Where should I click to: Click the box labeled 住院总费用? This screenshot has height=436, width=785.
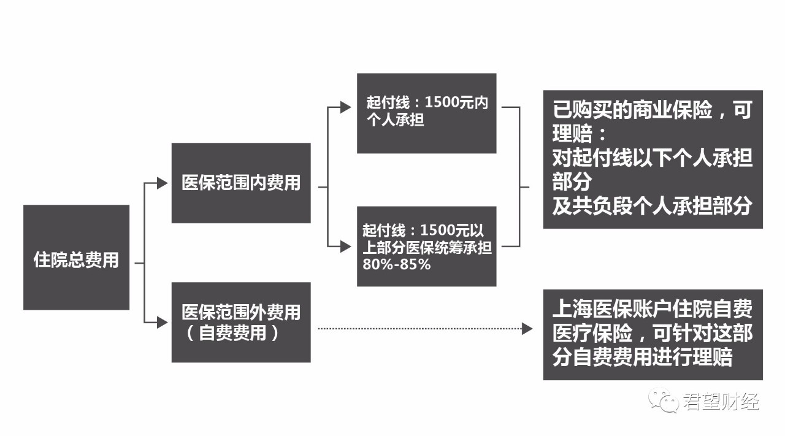(76, 258)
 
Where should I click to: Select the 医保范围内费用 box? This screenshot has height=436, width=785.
(241, 183)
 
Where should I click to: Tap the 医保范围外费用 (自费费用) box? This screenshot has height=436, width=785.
(241, 322)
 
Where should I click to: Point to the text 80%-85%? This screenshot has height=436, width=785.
(396, 264)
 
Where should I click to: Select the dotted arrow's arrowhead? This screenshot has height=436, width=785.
(527, 329)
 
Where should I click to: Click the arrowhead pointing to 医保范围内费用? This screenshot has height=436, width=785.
(163, 183)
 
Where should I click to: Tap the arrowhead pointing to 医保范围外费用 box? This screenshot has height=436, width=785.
(163, 322)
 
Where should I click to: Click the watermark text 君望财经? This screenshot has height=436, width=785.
(721, 402)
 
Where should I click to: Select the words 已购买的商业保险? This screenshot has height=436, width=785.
(632, 111)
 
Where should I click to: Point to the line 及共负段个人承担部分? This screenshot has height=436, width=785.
(652, 206)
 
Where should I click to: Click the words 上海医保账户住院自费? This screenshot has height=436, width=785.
(652, 309)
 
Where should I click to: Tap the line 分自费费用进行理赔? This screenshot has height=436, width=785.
(642, 356)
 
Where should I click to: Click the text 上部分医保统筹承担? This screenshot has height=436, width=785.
(426, 248)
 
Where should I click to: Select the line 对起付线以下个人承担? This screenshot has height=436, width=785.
(652, 158)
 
